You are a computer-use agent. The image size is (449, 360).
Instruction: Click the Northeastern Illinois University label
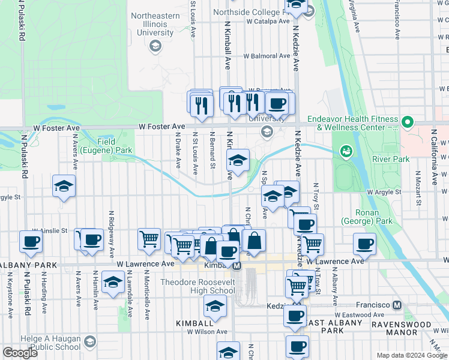pyautogui.click(x=155, y=24)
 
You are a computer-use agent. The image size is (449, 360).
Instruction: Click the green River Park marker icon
pyautogui.click(x=345, y=150)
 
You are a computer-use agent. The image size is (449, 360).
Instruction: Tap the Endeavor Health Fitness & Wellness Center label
pyautogui.click(x=354, y=123)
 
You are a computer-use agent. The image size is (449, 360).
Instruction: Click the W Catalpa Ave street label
pyautogui.click(x=268, y=21)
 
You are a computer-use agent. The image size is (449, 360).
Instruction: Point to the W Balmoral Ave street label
pyautogui.click(x=267, y=56)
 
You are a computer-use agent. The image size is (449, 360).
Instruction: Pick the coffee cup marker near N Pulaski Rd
pyautogui.click(x=30, y=242)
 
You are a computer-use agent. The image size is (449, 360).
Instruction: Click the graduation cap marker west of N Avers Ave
pyautogui.click(x=63, y=186)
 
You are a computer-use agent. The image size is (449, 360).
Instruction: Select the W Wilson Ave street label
pyautogui.click(x=207, y=331)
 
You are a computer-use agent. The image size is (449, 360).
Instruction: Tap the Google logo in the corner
pyautogui.click(x=20, y=353)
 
